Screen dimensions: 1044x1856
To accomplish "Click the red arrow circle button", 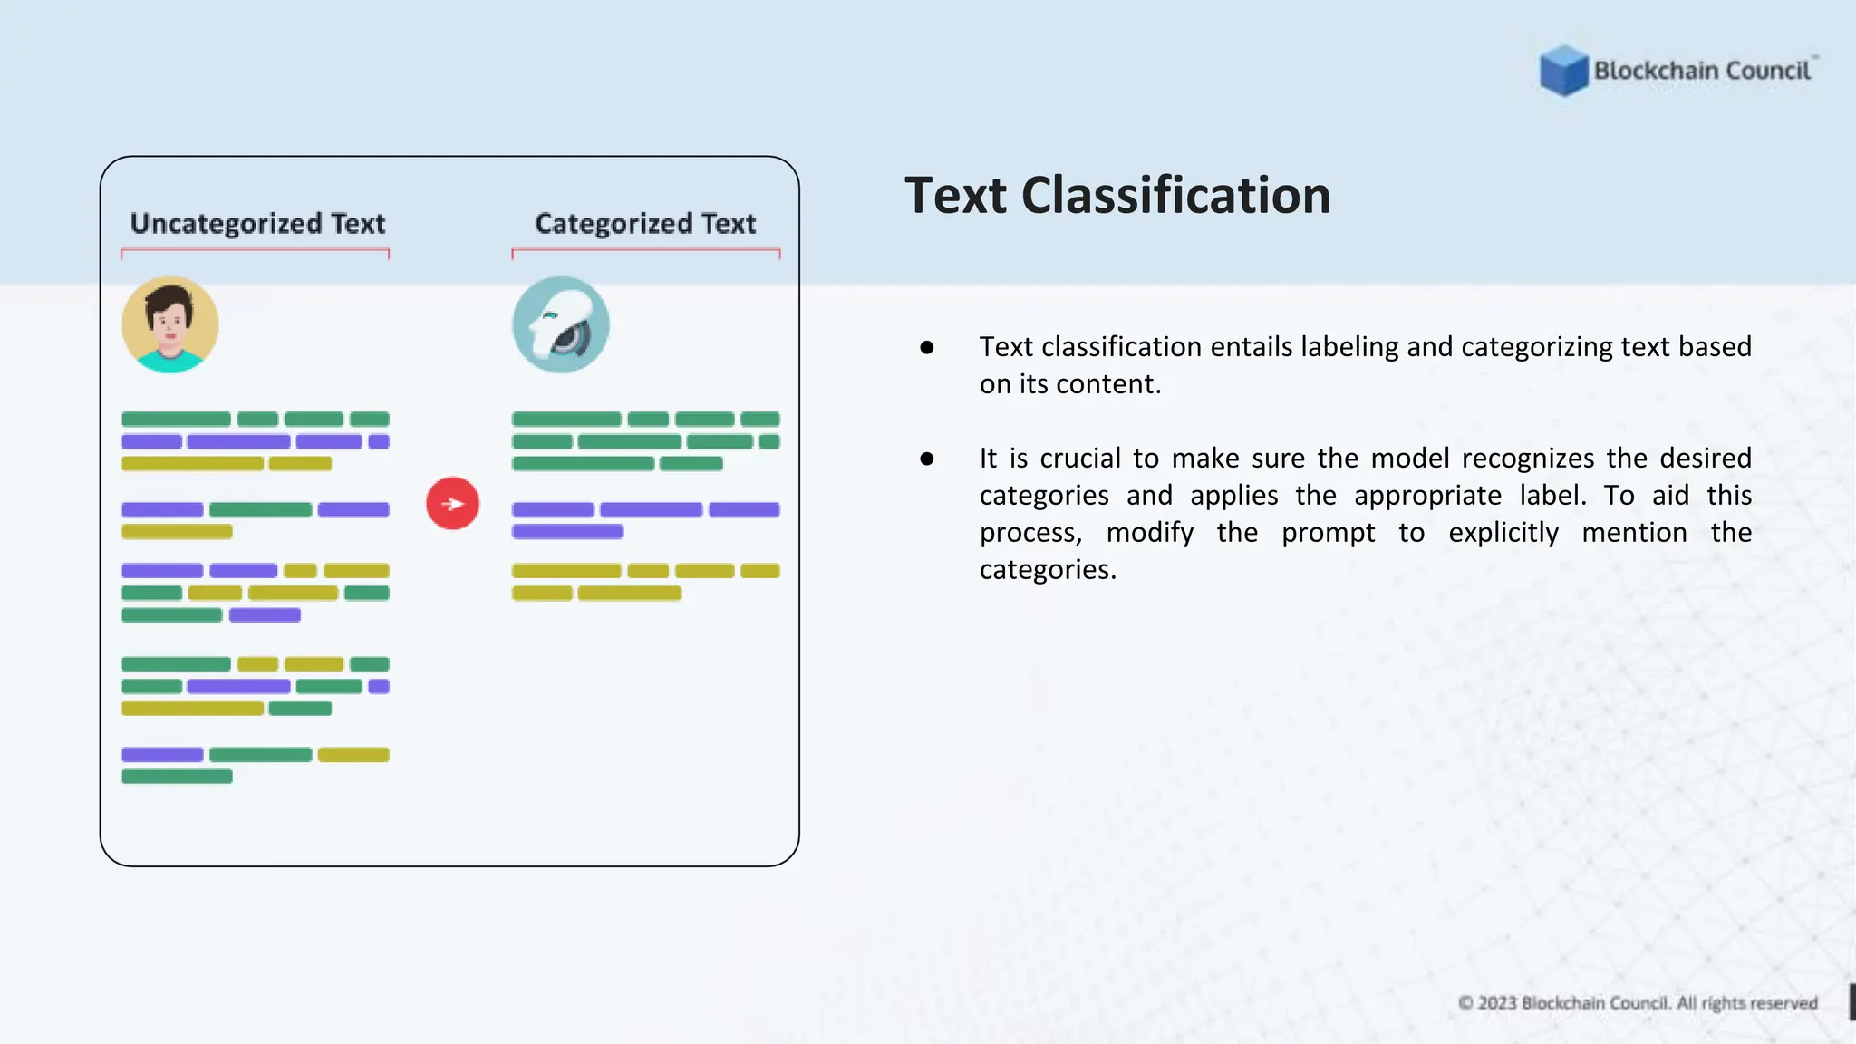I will pyautogui.click(x=452, y=504).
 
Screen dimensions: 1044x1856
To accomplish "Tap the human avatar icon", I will pyautogui.click(x=170, y=325).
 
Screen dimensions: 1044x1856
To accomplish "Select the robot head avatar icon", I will pyautogui.click(x=561, y=325).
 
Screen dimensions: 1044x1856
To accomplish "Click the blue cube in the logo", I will pyautogui.click(x=1563, y=70).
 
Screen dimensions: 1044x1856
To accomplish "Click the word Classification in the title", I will pyautogui.click(x=1175, y=196).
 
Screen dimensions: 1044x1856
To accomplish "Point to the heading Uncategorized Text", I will pyautogui.click(x=257, y=224).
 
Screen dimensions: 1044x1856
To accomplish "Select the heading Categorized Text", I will pyautogui.click(x=645, y=224).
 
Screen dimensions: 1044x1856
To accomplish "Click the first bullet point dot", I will pyautogui.click(x=926, y=347).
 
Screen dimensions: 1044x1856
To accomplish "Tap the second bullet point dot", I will pyautogui.click(x=926, y=459).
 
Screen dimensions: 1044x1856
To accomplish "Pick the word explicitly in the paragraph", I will pyautogui.click(x=1503, y=533).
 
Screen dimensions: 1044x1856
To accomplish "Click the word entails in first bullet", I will pyautogui.click(x=1146, y=347).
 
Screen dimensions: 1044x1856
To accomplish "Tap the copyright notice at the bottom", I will pyautogui.click(x=1638, y=1003).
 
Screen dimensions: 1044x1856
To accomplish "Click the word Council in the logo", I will pyautogui.click(x=1767, y=71).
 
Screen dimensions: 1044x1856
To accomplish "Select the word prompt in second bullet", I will pyautogui.click(x=1328, y=533).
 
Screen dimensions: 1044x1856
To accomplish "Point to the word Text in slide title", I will pyautogui.click(x=955, y=196).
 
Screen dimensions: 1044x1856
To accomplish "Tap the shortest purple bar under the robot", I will pyautogui.click(x=567, y=532).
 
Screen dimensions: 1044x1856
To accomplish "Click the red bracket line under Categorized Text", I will pyautogui.click(x=645, y=249).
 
